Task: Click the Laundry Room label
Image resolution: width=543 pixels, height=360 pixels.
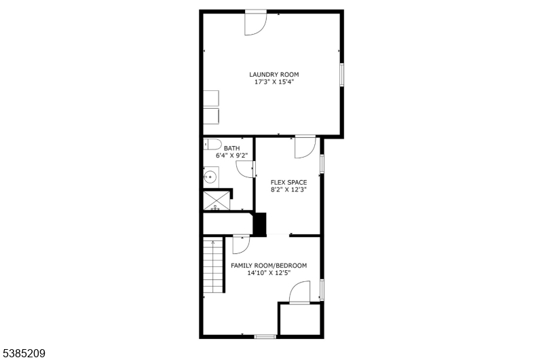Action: (x=274, y=74)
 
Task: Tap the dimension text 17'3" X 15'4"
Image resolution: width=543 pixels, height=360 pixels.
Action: (x=274, y=82)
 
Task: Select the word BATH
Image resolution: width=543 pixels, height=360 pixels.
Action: (x=231, y=148)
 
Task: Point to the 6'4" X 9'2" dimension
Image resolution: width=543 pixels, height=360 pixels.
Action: (x=231, y=156)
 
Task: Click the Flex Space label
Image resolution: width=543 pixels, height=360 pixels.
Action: (x=288, y=182)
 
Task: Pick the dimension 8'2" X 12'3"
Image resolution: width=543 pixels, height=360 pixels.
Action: (x=288, y=190)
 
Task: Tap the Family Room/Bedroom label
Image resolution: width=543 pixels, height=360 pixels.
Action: (x=269, y=266)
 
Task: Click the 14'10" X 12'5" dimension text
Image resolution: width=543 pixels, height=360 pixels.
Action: (x=269, y=272)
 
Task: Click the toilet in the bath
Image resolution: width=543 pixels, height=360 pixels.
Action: (x=212, y=144)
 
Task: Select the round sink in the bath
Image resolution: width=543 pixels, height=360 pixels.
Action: (x=210, y=177)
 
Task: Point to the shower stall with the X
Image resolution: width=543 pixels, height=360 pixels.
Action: (x=217, y=200)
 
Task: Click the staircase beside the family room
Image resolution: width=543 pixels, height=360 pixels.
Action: (x=212, y=266)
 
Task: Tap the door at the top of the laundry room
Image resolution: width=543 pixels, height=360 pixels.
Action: (x=256, y=23)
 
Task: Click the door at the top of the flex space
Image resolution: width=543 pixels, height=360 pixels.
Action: (x=305, y=147)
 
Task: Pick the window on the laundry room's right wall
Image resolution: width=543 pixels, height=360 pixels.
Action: (x=341, y=75)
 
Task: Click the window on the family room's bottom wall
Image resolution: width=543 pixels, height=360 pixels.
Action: (x=265, y=336)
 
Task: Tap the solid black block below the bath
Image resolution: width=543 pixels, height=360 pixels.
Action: (x=260, y=224)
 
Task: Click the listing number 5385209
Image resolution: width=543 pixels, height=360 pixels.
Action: (x=24, y=353)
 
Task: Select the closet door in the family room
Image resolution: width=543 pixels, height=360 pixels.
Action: (x=299, y=293)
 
